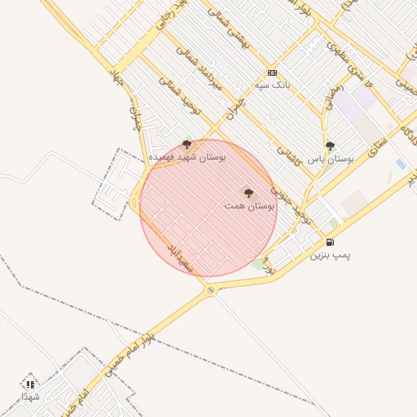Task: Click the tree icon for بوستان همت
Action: [x=248, y=193]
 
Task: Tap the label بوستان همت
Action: [x=250, y=207]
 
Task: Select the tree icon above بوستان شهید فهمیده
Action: [x=187, y=144]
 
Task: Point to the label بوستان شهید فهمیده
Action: [x=187, y=155]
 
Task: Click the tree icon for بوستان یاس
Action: [x=330, y=146]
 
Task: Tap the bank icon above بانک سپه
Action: [x=272, y=72]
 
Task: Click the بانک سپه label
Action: [x=272, y=84]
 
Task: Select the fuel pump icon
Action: [x=330, y=242]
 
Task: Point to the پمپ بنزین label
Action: [x=330, y=255]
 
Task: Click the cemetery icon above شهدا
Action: [x=30, y=384]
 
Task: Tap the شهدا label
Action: [x=30, y=396]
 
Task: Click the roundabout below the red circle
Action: [x=211, y=290]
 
